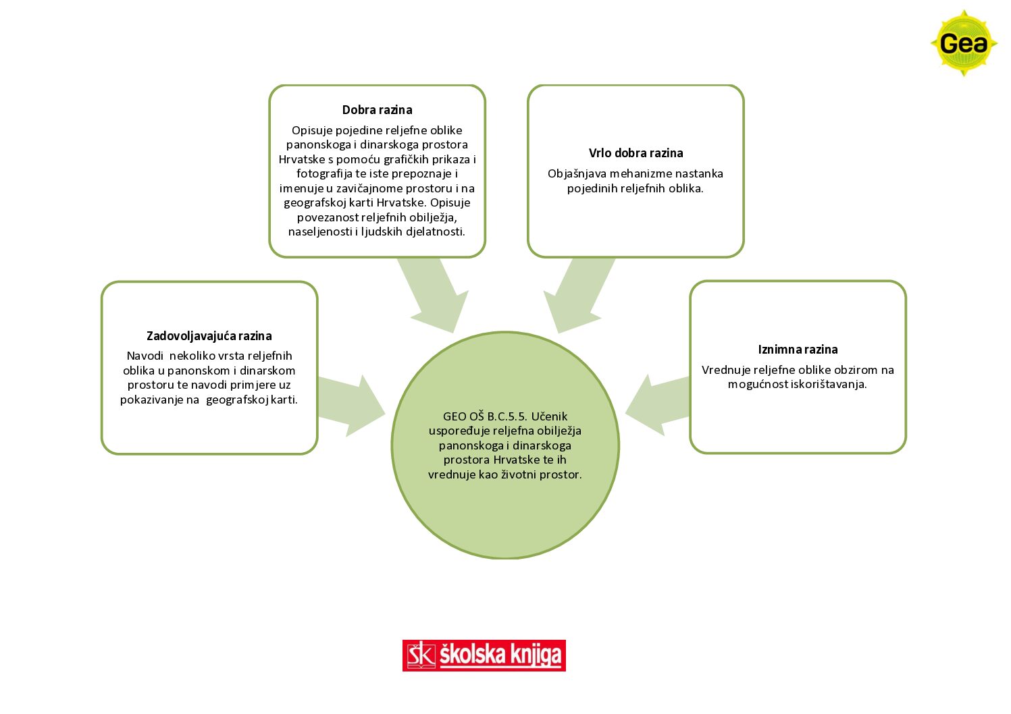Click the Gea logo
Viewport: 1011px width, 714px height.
point(964,43)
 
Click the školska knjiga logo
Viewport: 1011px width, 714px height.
point(484,655)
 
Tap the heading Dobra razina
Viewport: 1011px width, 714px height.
point(377,109)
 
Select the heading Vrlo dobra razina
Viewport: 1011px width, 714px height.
point(636,153)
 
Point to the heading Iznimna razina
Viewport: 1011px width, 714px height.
point(798,349)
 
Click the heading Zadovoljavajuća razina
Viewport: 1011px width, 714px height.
point(209,336)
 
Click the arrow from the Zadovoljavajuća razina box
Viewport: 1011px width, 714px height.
point(352,406)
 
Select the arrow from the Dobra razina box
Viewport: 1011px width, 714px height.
point(434,296)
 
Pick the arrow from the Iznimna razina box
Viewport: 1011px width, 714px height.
point(657,405)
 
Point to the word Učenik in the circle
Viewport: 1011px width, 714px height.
point(549,416)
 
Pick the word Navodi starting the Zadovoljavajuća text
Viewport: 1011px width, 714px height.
point(145,356)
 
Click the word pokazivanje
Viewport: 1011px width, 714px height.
point(151,400)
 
